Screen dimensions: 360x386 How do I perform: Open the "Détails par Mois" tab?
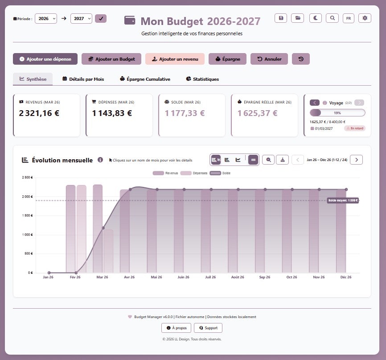(83, 79)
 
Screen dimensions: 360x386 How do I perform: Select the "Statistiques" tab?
(202, 79)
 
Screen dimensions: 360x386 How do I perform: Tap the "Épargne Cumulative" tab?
(145, 79)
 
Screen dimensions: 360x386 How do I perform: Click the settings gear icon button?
(365, 18)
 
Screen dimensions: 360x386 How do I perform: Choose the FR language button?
(348, 18)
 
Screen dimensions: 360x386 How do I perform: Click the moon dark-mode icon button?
(315, 18)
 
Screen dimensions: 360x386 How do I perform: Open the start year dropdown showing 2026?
(46, 19)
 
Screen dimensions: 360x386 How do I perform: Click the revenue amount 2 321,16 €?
(39, 113)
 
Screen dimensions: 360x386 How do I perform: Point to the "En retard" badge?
(355, 128)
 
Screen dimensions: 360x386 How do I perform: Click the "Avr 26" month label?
(129, 277)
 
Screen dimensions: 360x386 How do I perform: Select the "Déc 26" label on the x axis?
(346, 277)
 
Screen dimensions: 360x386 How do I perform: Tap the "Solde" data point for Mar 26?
(103, 228)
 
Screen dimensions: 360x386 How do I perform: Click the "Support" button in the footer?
(208, 328)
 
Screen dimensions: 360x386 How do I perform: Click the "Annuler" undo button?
(269, 59)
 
